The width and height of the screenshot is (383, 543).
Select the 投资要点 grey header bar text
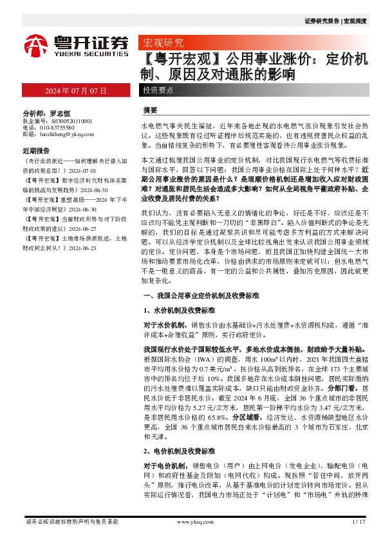(158, 89)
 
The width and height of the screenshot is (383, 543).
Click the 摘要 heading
(151, 110)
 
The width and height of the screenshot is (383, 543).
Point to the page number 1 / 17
(359, 522)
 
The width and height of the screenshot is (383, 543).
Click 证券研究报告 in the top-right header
(322, 21)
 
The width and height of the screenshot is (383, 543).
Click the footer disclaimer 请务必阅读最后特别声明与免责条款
(71, 522)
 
